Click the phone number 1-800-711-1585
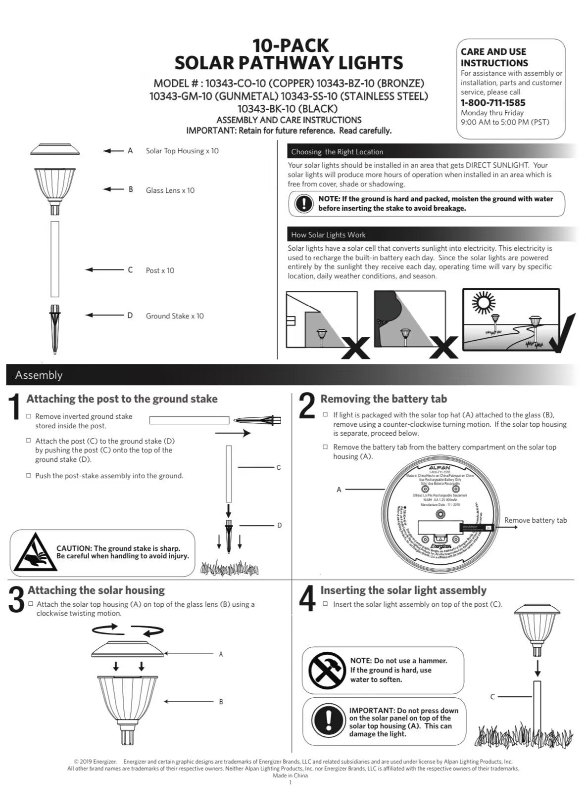[492, 103]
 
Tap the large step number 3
[16, 600]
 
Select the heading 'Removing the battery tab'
[383, 399]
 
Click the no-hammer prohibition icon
[327, 670]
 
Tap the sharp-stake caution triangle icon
[33, 553]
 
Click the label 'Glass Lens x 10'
[170, 190]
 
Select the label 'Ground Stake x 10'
[174, 316]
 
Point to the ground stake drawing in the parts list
[55, 329]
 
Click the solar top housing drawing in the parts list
[55, 149]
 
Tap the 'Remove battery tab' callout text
[535, 520]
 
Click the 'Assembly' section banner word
[39, 375]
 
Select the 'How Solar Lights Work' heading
[328, 235]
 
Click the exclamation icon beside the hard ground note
[303, 203]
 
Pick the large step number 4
[307, 599]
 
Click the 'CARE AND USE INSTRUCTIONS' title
[494, 57]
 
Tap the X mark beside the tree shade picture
[443, 347]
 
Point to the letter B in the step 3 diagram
[221, 702]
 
